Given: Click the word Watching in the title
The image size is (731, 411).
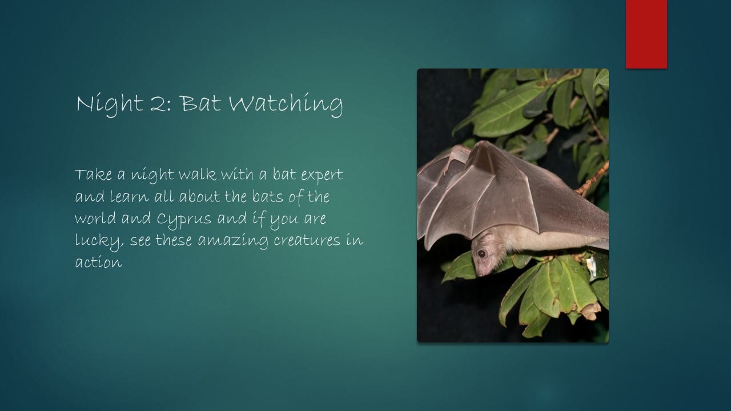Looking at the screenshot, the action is tap(286, 104).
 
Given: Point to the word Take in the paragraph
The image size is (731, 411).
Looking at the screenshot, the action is tap(93, 175).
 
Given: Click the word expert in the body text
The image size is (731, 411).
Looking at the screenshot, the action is tap(322, 175).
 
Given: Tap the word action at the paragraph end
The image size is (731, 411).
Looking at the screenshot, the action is tap(99, 262).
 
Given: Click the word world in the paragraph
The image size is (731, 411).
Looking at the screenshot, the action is tap(95, 218).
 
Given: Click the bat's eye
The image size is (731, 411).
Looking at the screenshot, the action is tap(481, 253).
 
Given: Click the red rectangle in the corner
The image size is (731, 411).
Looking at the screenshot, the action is tap(646, 34).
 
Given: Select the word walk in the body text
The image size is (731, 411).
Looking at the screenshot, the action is tap(197, 175).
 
